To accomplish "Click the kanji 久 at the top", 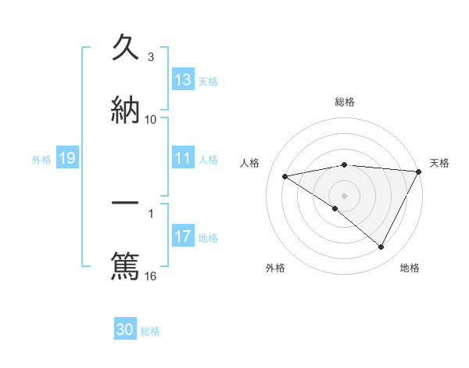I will coord(125,49).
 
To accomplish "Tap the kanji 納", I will coord(125,110).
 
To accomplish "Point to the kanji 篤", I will coord(125,264).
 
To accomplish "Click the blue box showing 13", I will coord(183,80).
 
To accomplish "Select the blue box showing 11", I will coord(183,159).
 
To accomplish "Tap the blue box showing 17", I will coord(183,237).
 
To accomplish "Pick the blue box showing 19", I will coord(66,159).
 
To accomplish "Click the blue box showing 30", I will coord(125,330).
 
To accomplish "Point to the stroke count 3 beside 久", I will coord(151,57).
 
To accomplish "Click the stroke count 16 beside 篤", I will coord(151,276).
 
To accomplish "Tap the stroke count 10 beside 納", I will coord(151,120).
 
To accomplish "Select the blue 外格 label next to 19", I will coord(41,160).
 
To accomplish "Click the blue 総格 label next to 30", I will coord(150,331).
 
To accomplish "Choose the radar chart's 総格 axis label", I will coord(345,102).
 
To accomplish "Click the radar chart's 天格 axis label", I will coord(439,163).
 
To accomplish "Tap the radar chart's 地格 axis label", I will coord(410,268).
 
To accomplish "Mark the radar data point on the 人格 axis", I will coord(285,176).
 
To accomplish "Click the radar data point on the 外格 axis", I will coord(335,208).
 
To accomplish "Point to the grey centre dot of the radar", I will coord(345,195).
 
